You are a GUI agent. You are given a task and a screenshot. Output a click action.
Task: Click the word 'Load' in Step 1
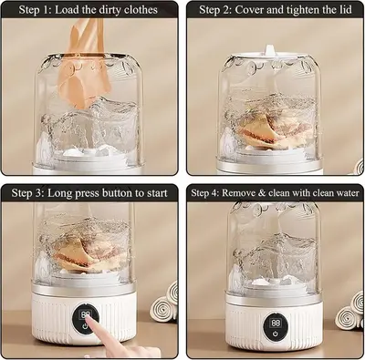[x=67, y=10]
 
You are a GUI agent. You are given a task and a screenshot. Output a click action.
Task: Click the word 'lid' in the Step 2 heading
[x=343, y=9]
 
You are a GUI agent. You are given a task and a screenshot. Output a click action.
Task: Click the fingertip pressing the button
[x=89, y=319]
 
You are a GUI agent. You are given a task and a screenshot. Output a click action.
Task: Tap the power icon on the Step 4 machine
[x=276, y=334]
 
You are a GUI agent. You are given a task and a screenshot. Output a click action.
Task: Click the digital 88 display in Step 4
[x=276, y=323]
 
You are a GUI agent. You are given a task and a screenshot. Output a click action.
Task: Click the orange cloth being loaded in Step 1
[x=84, y=64]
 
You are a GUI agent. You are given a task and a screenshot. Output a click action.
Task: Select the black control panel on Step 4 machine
[x=276, y=328]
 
